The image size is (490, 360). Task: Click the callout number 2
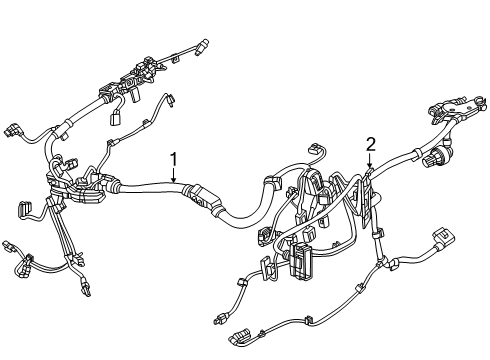pyautogui.click(x=371, y=145)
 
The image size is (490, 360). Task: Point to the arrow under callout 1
pyautogui.click(x=173, y=175)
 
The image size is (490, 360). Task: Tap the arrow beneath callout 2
pyautogui.click(x=369, y=160)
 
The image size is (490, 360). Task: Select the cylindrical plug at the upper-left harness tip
pyautogui.click(x=202, y=46)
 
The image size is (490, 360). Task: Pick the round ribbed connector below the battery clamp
pyautogui.click(x=432, y=159)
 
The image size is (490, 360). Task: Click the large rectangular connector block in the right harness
pyautogui.click(x=302, y=260)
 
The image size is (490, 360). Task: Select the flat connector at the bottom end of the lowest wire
pyautogui.click(x=240, y=336)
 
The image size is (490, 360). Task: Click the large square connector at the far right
pyautogui.click(x=443, y=237)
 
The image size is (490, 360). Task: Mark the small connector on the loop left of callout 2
pyautogui.click(x=315, y=148)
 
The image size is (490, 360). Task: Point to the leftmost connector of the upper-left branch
pyautogui.click(x=12, y=131)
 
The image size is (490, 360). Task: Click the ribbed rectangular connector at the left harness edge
pyautogui.click(x=23, y=210)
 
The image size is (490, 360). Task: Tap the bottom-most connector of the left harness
pyautogui.click(x=85, y=289)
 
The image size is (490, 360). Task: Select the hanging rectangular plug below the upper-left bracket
pyautogui.click(x=116, y=118)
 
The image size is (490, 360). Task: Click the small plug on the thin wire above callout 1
pyautogui.click(x=171, y=100)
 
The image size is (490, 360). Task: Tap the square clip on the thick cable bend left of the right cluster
pyautogui.click(x=273, y=182)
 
